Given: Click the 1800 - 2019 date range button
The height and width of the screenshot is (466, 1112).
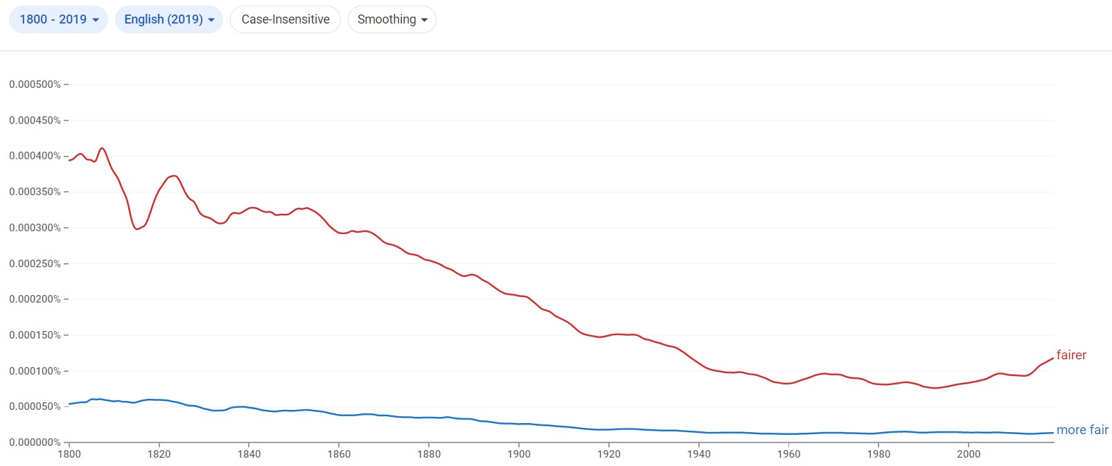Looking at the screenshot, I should pos(58,19).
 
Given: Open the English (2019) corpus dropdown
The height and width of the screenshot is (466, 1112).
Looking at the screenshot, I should pos(168,19).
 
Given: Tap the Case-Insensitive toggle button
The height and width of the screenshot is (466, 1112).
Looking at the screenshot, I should pos(285,19).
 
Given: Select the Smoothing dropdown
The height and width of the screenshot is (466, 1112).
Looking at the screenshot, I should pos(391,19).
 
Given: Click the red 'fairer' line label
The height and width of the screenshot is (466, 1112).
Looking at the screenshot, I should pos(1071,355).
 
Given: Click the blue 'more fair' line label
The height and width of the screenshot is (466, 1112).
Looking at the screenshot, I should pos(1082,430).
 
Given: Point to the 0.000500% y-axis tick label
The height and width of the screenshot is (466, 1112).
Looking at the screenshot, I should pos(35,84).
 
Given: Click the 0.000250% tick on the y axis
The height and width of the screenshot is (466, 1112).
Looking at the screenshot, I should pos(35,264).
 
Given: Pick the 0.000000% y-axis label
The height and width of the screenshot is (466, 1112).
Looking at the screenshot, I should pos(35,442).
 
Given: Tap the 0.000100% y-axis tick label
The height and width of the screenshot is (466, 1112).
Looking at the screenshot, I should pos(35,371).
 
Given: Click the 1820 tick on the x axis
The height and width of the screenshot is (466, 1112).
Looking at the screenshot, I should pos(159,454).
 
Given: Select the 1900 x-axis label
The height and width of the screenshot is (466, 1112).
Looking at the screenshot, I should pos(519,454).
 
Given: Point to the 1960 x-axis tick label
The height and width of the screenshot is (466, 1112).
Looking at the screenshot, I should pos(788,454).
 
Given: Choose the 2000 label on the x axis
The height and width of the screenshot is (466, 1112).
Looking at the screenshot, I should pos(969,454).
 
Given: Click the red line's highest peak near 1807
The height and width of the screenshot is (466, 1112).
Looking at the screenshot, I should pos(103,148).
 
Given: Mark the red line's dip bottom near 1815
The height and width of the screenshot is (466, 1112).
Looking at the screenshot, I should pos(136,228).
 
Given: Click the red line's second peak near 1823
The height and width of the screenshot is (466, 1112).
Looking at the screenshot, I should pos(174,176).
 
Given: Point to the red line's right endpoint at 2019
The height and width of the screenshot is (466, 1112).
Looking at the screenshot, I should pos(1053,358).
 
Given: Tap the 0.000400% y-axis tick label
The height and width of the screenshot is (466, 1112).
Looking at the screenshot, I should pos(35,156).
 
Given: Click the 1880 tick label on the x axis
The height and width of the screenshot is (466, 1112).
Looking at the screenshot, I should pos(429,454).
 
